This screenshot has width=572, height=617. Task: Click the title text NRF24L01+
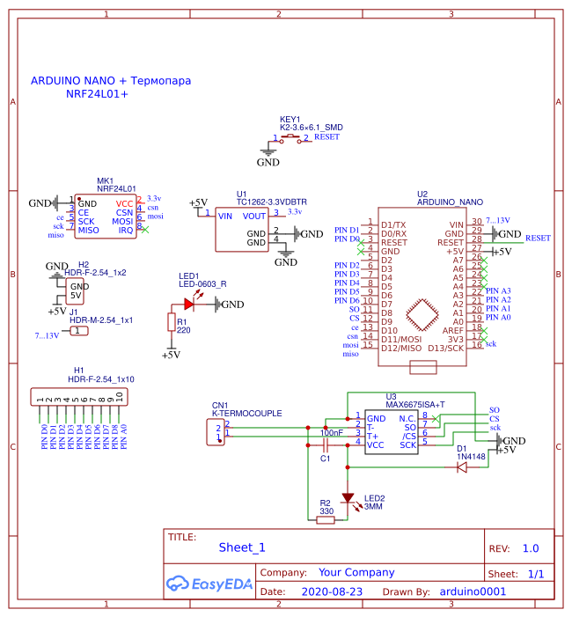(97, 93)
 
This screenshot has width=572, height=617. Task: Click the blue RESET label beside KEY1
(326, 137)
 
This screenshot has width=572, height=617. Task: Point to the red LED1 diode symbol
(189, 305)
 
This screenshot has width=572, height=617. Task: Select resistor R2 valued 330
(326, 520)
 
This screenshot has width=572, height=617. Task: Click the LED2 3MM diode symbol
(348, 498)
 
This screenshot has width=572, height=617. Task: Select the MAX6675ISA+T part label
(415, 404)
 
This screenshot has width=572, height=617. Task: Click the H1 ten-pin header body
(80, 397)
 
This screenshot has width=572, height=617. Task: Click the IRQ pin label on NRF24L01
(126, 230)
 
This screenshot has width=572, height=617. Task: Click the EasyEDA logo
(209, 583)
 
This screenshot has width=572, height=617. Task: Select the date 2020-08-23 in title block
(332, 591)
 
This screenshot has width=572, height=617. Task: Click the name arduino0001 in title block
(473, 591)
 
